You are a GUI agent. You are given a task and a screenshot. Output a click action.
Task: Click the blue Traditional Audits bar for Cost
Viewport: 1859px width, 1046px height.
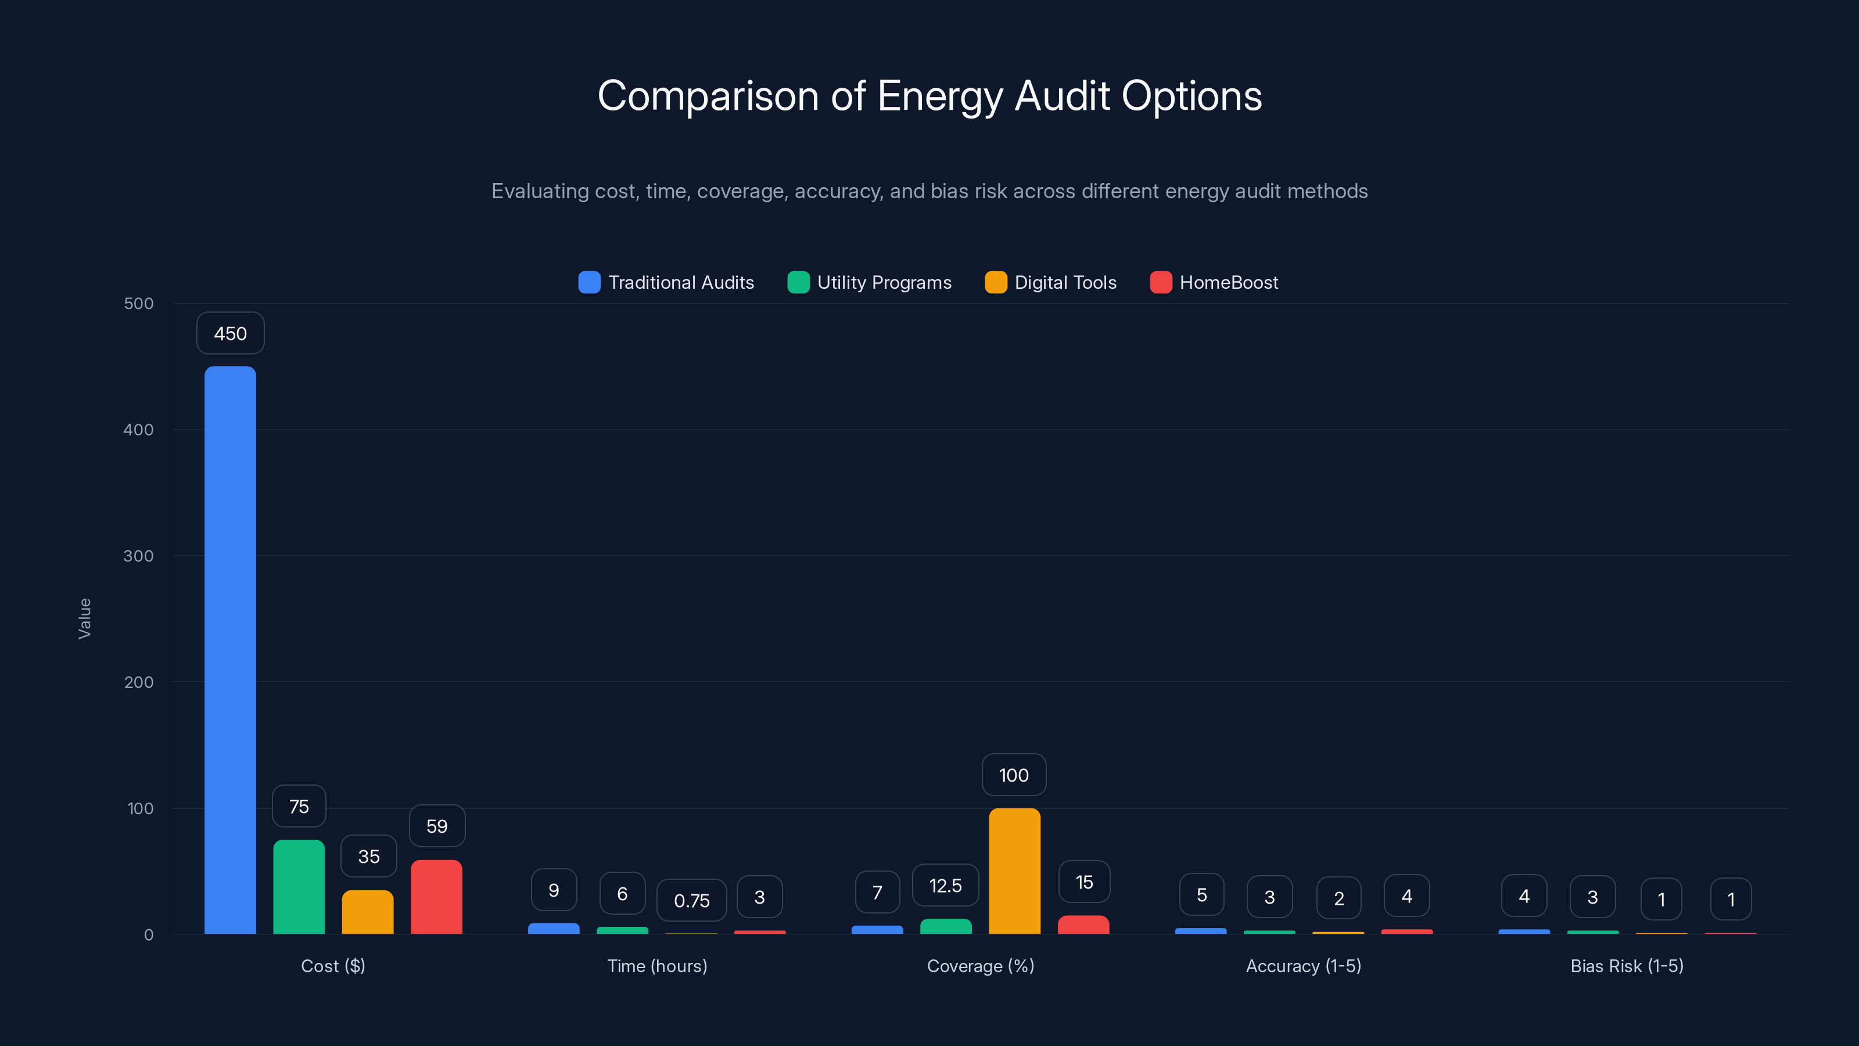[x=230, y=650]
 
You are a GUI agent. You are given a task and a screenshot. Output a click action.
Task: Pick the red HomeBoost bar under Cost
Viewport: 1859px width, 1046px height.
[x=437, y=897]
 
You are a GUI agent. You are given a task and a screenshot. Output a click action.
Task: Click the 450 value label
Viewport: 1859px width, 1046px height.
[x=230, y=334]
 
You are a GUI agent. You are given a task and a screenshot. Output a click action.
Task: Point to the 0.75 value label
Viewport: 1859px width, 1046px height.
[x=691, y=900]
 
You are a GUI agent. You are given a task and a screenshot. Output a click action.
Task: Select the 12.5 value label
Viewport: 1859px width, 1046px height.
[x=945, y=885]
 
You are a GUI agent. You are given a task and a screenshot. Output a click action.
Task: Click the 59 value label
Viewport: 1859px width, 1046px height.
[x=437, y=826]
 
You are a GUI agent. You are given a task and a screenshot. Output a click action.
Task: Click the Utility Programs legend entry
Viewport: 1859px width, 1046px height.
[x=870, y=282]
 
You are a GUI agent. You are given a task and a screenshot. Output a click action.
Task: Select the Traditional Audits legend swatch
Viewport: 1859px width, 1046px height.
[x=590, y=282]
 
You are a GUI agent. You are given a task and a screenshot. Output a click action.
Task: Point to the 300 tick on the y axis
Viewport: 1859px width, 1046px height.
[x=139, y=556]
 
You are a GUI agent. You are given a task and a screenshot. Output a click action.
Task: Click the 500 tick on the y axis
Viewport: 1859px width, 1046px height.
[x=139, y=303]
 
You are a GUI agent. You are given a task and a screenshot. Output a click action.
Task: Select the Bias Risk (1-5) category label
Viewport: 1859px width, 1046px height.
[x=1627, y=966]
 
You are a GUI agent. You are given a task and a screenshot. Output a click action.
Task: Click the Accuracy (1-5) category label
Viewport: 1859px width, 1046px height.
[x=1303, y=966]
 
